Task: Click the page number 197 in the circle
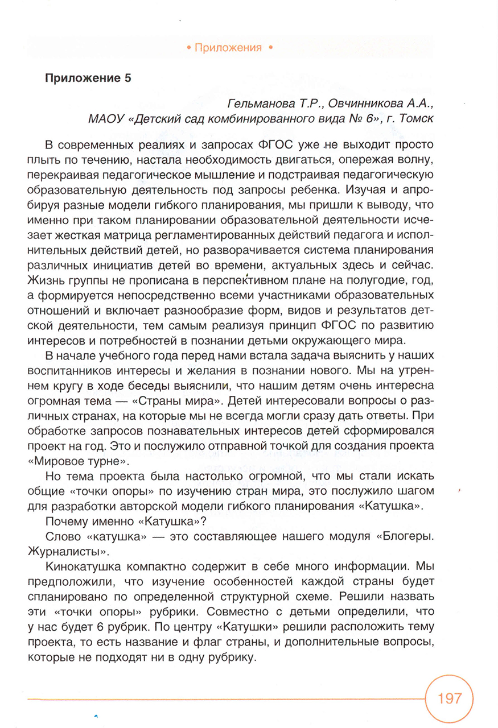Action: coord(450,698)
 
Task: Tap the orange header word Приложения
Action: coord(228,48)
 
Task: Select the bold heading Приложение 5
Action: coord(88,78)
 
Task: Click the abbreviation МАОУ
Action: coord(104,119)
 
